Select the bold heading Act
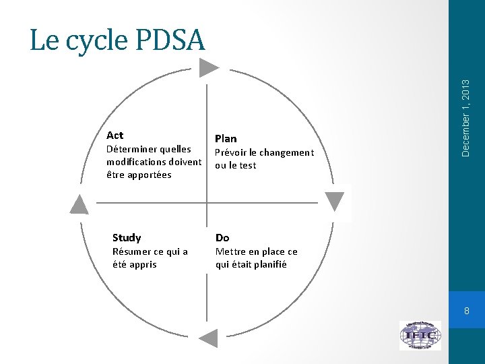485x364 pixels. tap(115, 135)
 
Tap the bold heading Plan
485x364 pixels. tap(226, 139)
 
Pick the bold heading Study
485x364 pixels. tap(127, 238)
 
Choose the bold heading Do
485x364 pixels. tap(222, 238)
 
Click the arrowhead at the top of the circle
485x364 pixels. tap(209, 67)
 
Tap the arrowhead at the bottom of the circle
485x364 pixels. tap(209, 338)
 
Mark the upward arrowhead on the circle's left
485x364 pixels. tap(79, 204)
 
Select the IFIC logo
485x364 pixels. tap(420, 335)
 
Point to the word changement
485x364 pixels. tap(286, 153)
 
